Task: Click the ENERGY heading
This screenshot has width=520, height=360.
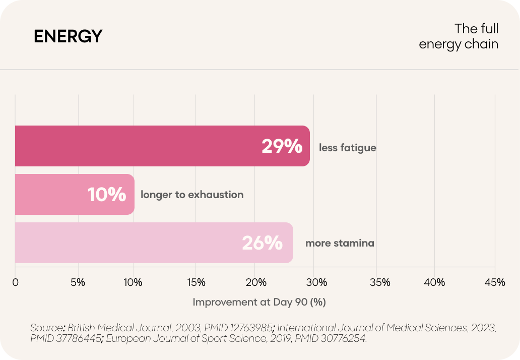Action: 68,36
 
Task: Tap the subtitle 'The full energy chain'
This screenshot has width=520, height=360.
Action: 459,36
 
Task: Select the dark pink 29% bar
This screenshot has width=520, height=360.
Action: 162,146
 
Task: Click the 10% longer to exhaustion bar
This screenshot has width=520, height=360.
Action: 75,195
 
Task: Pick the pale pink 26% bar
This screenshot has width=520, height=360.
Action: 154,243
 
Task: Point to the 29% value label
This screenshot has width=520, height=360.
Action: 282,146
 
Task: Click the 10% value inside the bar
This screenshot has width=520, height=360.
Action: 107,195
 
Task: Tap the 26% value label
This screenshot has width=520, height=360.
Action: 263,243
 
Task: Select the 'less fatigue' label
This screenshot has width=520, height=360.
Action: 348,148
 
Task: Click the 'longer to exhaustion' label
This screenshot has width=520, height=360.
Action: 192,195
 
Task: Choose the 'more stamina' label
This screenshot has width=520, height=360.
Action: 340,243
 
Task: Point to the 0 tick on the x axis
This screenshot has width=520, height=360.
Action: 15,282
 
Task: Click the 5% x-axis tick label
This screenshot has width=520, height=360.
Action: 78,282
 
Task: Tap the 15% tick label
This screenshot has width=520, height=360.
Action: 196,282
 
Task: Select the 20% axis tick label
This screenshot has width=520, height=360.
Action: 255,282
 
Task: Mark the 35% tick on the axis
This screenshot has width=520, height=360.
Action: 380,282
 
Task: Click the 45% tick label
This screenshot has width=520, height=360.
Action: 495,282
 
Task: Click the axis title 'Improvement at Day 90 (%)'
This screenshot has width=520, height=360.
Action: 259,302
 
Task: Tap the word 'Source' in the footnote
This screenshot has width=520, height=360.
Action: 47,328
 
